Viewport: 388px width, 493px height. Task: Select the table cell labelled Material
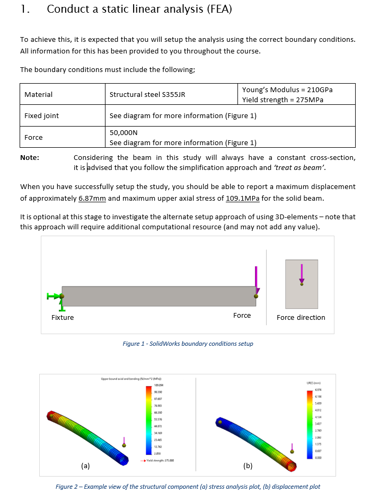(38, 94)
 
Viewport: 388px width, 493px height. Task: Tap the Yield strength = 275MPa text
(283, 100)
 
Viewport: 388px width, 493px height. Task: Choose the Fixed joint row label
(41, 115)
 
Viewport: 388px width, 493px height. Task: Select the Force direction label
(301, 317)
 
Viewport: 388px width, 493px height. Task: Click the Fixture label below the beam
(63, 317)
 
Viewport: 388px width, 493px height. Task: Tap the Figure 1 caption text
(188, 344)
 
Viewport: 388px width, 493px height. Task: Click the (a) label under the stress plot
(85, 466)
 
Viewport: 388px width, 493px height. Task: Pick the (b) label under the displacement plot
(248, 466)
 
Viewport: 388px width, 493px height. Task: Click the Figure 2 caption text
(188, 487)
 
